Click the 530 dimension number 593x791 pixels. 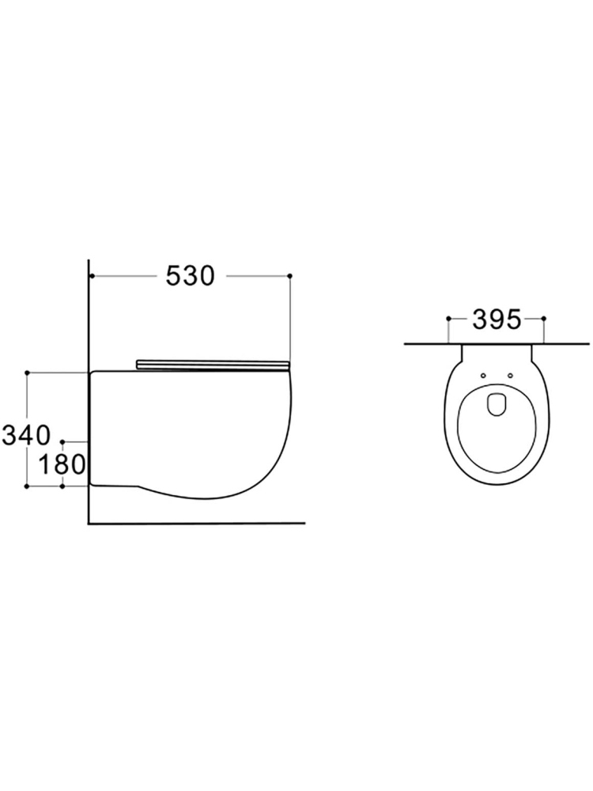191,276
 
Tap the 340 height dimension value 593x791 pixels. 27,435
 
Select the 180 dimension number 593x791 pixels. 62,464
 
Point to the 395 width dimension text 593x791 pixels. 497,320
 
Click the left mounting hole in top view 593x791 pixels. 483,375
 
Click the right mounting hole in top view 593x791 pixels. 510,375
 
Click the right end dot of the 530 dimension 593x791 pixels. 290,275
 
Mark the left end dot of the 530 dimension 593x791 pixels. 91,275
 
